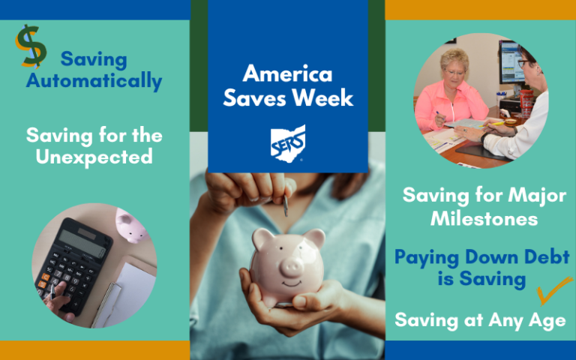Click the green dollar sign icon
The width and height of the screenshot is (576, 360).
tap(31, 46)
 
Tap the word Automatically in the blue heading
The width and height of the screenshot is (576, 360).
tap(94, 81)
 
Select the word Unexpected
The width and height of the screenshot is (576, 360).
tap(94, 157)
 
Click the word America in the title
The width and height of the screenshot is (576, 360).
tap(288, 73)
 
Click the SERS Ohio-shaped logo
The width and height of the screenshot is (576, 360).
tap(288, 144)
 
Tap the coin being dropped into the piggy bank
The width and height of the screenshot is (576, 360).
tap(286, 205)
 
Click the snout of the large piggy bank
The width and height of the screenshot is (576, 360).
tap(292, 267)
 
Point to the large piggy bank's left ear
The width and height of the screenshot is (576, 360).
tap(263, 237)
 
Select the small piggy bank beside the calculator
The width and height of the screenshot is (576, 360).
tap(130, 224)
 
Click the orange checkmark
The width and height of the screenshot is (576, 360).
tap(554, 290)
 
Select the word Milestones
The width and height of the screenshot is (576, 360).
tap(484, 219)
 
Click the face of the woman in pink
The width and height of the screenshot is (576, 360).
tap(455, 70)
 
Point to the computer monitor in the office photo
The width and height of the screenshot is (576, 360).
tap(511, 62)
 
